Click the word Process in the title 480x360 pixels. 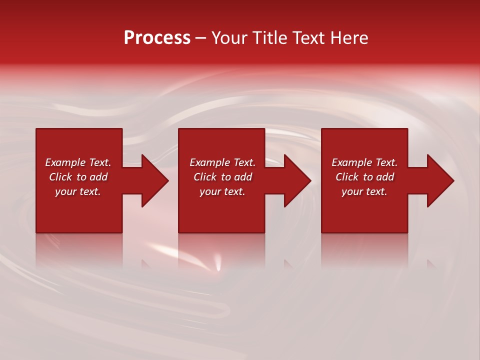point(157,38)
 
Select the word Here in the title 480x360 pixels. point(349,38)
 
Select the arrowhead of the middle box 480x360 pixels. point(297,180)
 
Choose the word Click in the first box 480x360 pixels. point(61,177)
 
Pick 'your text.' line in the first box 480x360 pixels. point(78,191)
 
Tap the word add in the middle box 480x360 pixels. point(243,177)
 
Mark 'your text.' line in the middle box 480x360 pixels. point(222,191)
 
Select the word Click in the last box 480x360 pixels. point(347,177)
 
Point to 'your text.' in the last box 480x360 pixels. point(364,191)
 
